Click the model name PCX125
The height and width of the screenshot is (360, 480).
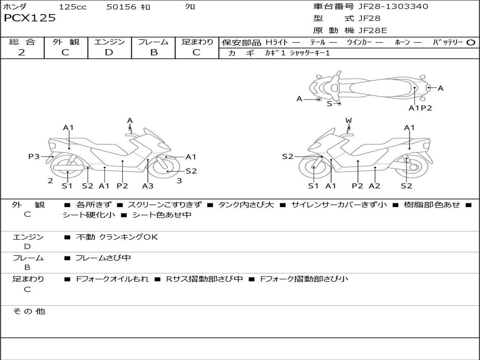(30, 18)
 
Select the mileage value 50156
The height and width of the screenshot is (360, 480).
(121, 7)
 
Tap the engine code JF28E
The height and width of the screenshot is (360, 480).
(373, 30)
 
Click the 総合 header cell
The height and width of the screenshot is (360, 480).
(22, 42)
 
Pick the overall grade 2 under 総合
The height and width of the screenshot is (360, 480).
(22, 52)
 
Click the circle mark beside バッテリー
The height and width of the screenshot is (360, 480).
(471, 42)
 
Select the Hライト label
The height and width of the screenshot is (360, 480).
(277, 42)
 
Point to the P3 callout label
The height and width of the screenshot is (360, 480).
(34, 157)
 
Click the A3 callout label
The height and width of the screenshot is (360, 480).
(148, 186)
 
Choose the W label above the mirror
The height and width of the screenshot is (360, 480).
(348, 120)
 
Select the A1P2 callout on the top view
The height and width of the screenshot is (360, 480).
(420, 108)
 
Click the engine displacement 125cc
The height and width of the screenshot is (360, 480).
(69, 7)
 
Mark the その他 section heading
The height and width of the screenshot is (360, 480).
(29, 311)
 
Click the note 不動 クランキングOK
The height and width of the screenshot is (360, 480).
(117, 237)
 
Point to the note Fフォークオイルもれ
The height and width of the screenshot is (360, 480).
(112, 279)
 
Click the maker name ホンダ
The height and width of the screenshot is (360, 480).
(15, 7)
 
